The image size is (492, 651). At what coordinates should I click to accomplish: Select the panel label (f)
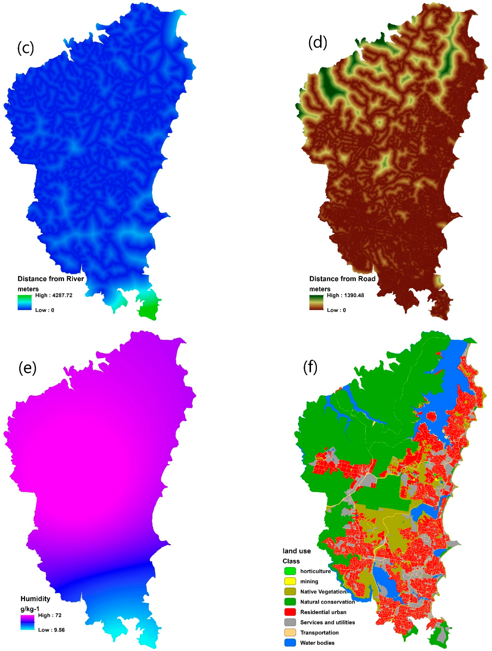(x=310, y=367)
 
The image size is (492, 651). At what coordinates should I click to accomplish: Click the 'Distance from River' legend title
(x=51, y=279)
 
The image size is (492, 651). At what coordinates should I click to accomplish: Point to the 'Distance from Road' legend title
(x=342, y=279)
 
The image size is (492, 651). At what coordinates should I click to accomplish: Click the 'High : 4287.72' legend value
(x=54, y=295)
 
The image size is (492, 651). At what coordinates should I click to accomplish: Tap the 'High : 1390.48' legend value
(x=345, y=295)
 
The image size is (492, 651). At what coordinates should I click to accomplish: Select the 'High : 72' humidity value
(x=50, y=615)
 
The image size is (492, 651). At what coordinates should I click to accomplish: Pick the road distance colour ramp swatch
(x=316, y=303)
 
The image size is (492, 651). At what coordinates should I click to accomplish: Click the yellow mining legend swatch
(x=290, y=581)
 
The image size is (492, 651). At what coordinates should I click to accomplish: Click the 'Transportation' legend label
(x=319, y=632)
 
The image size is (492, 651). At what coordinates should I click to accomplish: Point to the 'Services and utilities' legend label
(x=327, y=622)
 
